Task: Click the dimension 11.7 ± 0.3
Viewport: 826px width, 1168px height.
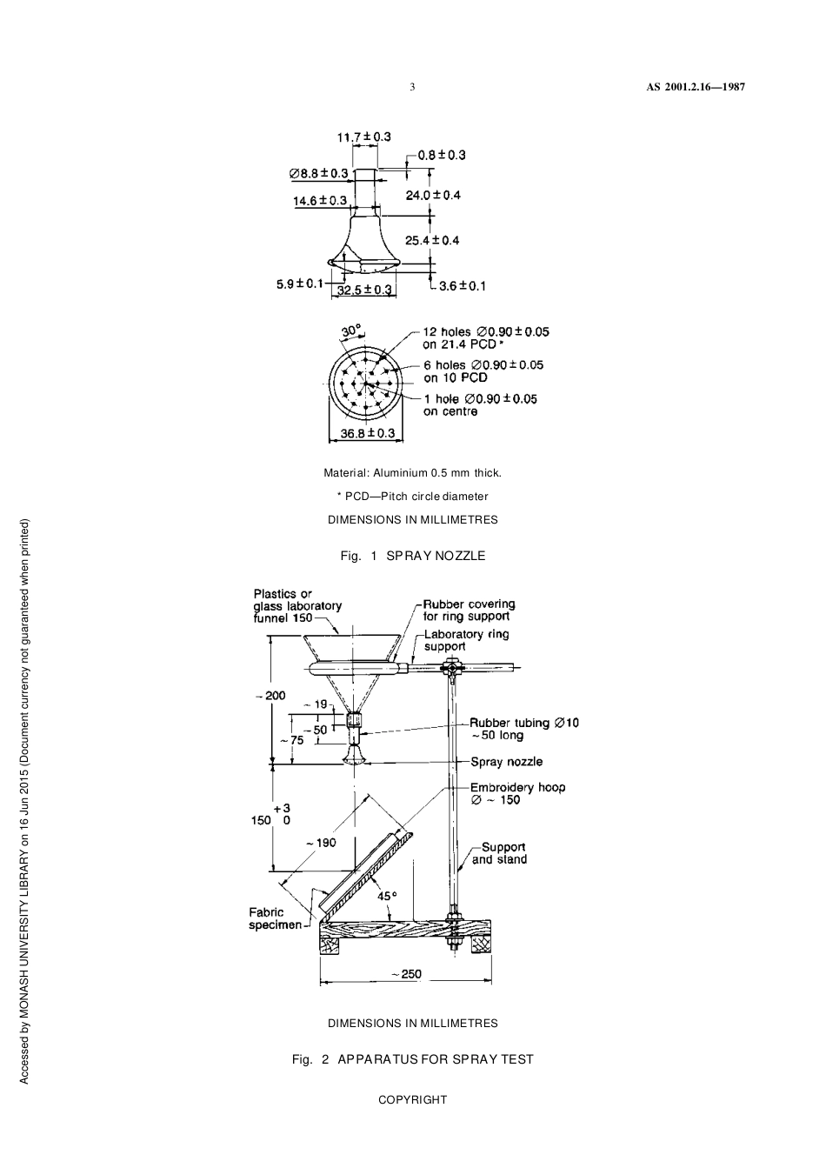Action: click(x=363, y=137)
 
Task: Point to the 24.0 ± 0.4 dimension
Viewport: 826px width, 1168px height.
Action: click(x=433, y=195)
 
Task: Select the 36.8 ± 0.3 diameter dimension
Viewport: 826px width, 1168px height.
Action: click(x=367, y=433)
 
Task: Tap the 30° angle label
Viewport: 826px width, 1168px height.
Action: click(x=350, y=331)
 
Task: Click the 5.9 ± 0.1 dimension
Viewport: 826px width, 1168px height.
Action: click(x=299, y=284)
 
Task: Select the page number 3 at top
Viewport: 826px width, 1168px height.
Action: click(x=412, y=87)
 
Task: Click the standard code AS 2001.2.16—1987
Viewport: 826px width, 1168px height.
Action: click(x=696, y=87)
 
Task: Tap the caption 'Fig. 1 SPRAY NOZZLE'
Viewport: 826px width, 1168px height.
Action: click(x=413, y=556)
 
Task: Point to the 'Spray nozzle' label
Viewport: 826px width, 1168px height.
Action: click(x=506, y=762)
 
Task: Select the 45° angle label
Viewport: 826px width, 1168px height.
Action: click(x=386, y=895)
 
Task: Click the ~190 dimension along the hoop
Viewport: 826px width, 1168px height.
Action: click(x=321, y=842)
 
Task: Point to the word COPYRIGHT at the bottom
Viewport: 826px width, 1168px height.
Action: click(x=412, y=1099)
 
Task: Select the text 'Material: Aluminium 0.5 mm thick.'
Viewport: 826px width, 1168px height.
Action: click(x=412, y=473)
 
